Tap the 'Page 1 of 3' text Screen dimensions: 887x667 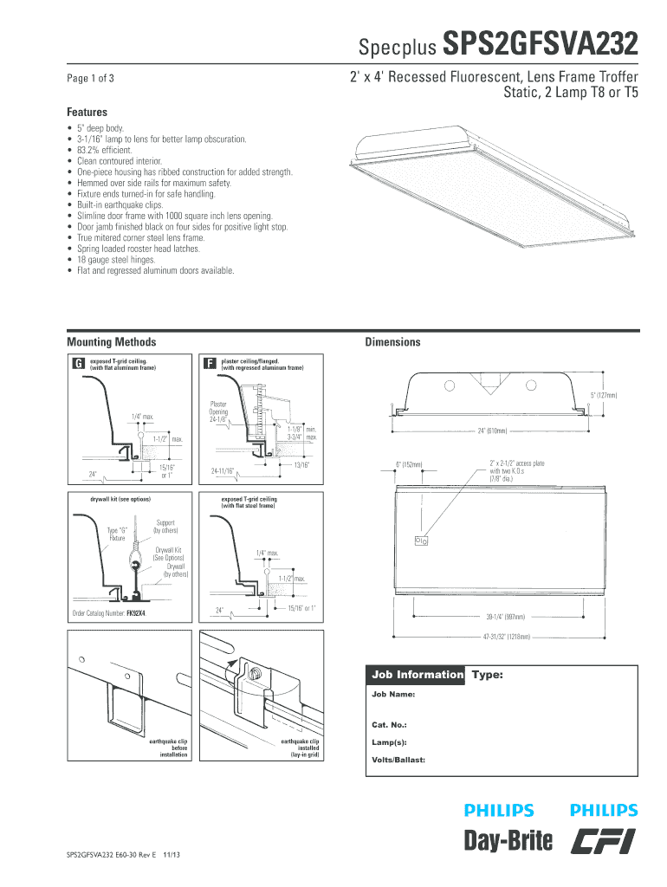[91, 79]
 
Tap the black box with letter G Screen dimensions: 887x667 [77, 365]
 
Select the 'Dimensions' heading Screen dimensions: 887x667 [392, 342]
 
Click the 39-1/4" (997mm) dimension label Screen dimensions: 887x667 [505, 618]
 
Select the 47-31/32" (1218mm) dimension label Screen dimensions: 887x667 [506, 637]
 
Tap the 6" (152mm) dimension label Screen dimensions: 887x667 [409, 465]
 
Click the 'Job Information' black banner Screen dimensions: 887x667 [417, 674]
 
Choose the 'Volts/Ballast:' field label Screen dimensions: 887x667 [398, 761]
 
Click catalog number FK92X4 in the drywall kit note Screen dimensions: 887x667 [135, 612]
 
